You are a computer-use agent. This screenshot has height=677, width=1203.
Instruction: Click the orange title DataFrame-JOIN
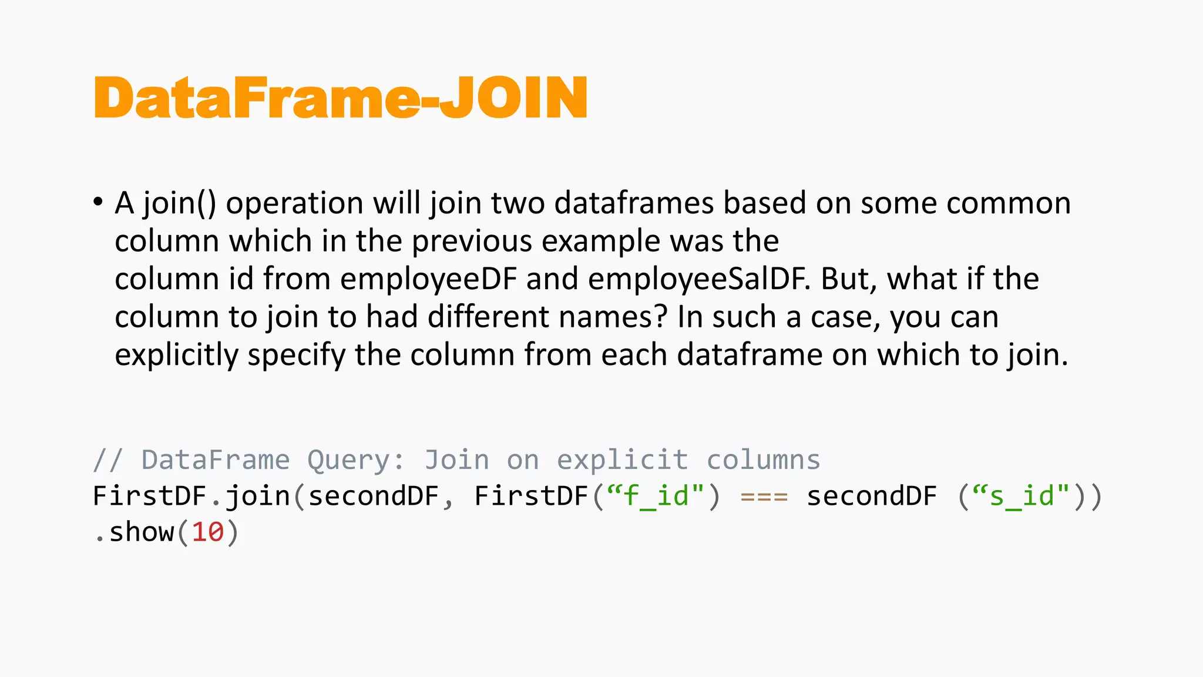pos(341,98)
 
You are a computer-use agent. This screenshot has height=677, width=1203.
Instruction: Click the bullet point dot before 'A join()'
pos(98,202)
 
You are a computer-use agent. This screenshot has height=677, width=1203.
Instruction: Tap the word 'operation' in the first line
pos(295,203)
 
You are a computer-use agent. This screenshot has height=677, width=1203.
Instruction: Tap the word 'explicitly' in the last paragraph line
pos(176,356)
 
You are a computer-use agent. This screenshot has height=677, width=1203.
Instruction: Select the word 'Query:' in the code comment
pos(357,460)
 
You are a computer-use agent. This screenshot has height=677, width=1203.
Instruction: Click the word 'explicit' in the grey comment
pos(623,460)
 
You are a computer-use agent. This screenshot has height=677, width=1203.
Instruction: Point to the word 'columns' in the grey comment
pos(763,460)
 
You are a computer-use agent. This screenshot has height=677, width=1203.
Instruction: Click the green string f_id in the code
pos(656,497)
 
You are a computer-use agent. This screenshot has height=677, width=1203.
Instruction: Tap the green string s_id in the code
pos(1021,497)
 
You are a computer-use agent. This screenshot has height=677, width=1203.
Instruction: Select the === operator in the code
pos(764,497)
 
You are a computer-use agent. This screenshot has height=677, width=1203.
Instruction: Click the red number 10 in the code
pos(208,533)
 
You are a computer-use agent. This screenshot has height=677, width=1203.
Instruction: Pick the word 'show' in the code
pos(142,533)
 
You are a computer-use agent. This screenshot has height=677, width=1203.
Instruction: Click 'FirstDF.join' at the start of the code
pos(191,497)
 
